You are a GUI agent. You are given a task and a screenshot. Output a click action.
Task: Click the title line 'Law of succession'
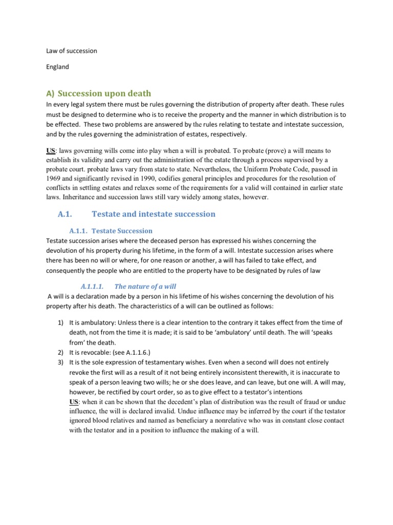pyautogui.click(x=72, y=51)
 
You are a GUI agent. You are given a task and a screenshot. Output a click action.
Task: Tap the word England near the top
pyautogui.click(x=58, y=67)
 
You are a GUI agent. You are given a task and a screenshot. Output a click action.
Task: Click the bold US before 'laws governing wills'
pyautogui.click(x=51, y=151)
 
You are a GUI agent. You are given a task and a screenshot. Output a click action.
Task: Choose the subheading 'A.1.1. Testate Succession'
pyautogui.click(x=111, y=231)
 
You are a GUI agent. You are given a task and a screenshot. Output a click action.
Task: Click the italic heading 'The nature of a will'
pyautogui.click(x=145, y=286)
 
